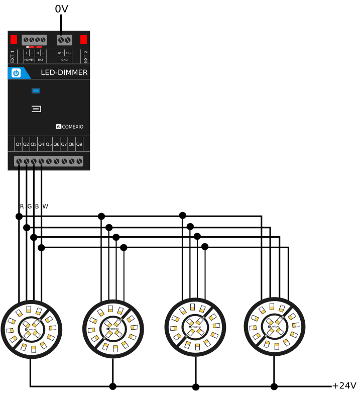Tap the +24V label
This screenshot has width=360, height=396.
point(344,386)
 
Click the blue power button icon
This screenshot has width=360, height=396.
point(16,73)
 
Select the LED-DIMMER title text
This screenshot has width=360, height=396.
point(64,73)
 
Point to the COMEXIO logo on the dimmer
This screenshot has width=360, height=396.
point(70,127)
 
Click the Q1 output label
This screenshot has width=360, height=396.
point(19,144)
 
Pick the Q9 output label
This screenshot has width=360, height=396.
point(79,144)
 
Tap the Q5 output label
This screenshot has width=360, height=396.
point(49,144)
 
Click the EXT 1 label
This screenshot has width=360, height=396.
point(13,56)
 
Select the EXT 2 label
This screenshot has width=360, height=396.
point(85,56)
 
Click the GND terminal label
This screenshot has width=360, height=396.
point(64,60)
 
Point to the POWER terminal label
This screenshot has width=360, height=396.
point(29,60)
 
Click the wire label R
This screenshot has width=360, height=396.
point(22,206)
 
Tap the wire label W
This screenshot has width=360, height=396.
point(45,206)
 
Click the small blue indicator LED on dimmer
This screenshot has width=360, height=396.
point(36,90)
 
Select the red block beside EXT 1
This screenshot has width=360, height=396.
point(14,39)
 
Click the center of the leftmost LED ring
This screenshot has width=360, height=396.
point(31,329)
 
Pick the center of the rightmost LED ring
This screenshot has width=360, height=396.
point(274,326)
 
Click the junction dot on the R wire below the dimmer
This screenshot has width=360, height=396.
point(19,217)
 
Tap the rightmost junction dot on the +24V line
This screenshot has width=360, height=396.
point(274,386)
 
